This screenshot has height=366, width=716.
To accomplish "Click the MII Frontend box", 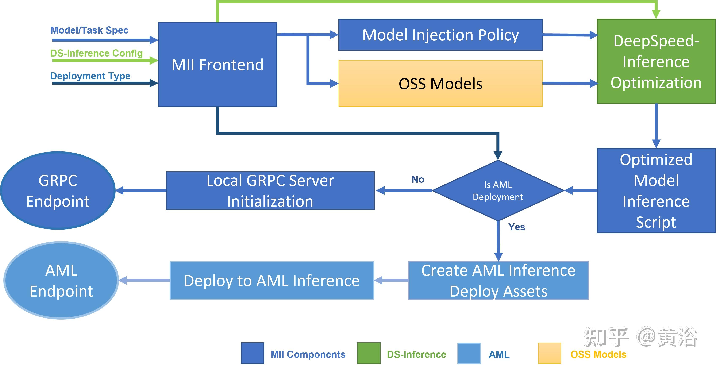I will point(218,65).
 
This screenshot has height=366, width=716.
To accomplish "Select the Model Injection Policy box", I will point(440,35).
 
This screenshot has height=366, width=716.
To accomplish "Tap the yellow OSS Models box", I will point(440,83).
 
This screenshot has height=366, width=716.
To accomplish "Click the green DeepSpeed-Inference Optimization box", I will point(656,61).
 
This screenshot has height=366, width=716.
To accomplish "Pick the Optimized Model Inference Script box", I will point(656,191).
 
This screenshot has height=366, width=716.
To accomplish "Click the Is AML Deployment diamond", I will point(498,191).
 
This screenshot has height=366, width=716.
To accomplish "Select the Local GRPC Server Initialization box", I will point(270,191).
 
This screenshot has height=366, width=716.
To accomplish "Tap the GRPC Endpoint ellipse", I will point(58,191).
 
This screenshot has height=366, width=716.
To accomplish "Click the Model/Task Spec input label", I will point(89,30).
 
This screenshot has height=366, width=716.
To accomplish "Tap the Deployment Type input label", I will point(90,76).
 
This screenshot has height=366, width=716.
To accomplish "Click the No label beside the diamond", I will point(418,179).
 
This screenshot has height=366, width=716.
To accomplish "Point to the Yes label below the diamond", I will point(517,227).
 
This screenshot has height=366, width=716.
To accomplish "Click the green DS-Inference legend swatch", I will point(369,353).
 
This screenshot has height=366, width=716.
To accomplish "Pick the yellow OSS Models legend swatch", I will point(550,353).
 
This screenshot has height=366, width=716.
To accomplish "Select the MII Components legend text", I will point(308,354).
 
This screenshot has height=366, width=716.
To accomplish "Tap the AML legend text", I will point(499,355).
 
